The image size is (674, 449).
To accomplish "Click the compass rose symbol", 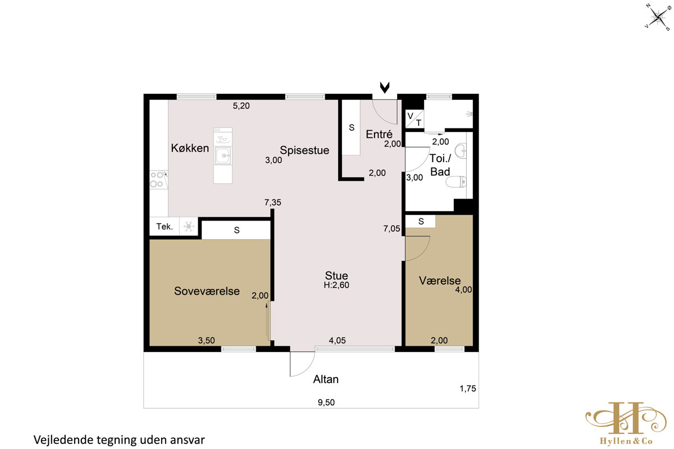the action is pyautogui.click(x=658, y=17).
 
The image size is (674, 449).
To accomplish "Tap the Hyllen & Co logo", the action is pyautogui.click(x=626, y=423).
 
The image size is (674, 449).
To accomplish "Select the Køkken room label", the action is pyautogui.click(x=190, y=148).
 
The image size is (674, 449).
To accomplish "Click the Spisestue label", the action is pyautogui.click(x=304, y=150).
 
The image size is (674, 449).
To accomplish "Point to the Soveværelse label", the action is pyautogui.click(x=207, y=291).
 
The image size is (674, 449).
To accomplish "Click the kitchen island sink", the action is pyautogui.click(x=223, y=155).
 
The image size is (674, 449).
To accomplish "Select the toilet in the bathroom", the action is pyautogui.click(x=456, y=182).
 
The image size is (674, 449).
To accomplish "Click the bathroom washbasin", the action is pyautogui.click(x=461, y=151).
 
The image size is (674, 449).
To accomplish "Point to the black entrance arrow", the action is pyautogui.click(x=385, y=87).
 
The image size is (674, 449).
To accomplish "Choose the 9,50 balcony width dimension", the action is pyautogui.click(x=326, y=402).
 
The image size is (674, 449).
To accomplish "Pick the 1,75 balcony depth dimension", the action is pyautogui.click(x=467, y=388).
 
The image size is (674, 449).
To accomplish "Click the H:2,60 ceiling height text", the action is pyautogui.click(x=336, y=285).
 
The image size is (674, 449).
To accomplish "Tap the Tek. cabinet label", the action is pyautogui.click(x=165, y=226).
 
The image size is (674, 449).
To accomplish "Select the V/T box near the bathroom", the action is pyautogui.click(x=415, y=119).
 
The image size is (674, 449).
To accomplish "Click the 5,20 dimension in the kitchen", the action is pyautogui.click(x=242, y=106).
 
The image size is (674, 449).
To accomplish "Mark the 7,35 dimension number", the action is pyautogui.click(x=273, y=203).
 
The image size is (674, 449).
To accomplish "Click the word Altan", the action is pyautogui.click(x=326, y=379).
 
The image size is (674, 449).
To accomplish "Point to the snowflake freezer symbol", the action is pyautogui.click(x=189, y=226).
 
